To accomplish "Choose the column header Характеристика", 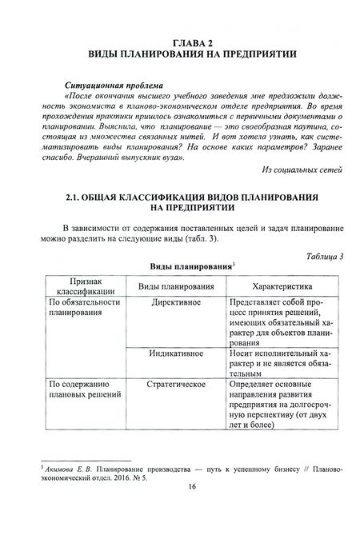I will tap(270, 286).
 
